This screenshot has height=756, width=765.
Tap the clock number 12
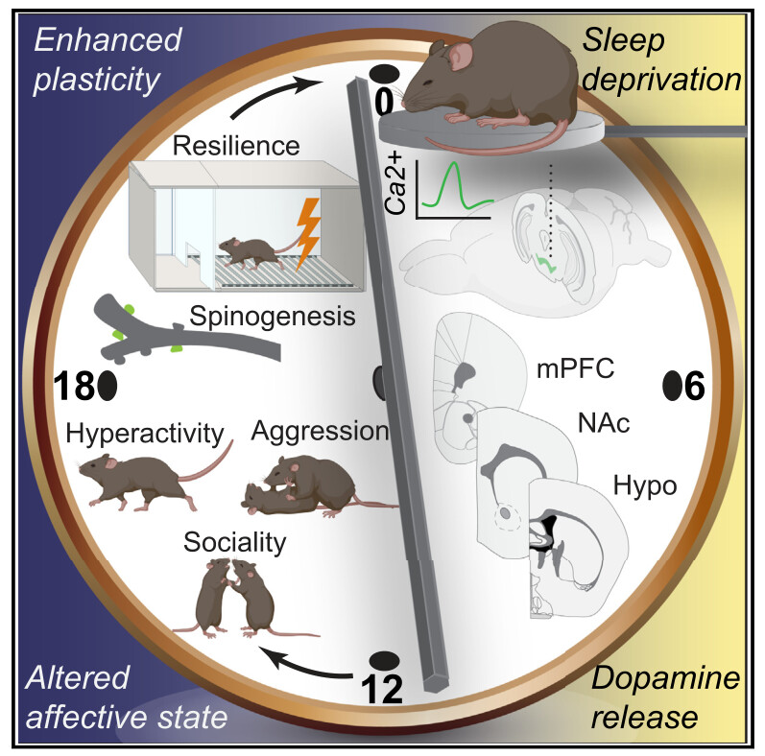pos(387,689)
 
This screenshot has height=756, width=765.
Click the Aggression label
pos(319,432)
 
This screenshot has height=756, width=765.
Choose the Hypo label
pos(647,485)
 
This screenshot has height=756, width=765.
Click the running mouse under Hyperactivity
pos(134,475)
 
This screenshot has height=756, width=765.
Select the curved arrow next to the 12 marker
pos(307,658)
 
